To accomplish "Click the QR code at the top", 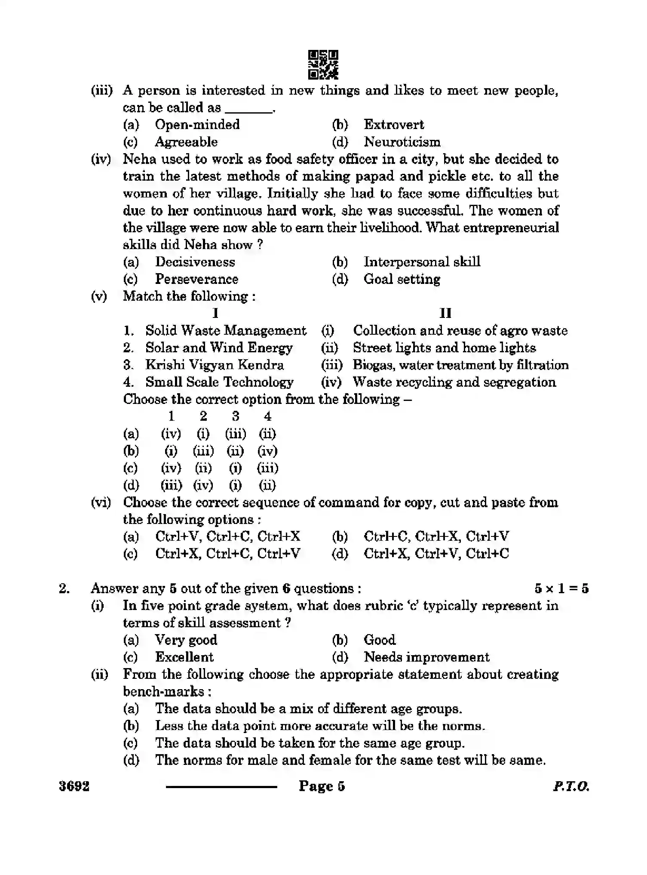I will tap(323, 65).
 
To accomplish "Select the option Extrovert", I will tap(393, 125).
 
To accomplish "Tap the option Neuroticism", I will tap(402, 142).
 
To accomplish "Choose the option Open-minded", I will tap(197, 125).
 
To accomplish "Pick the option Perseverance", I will tap(196, 279).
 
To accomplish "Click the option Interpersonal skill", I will tap(421, 262).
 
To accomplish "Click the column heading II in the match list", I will tap(445, 313).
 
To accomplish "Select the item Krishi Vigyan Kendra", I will tap(215, 365).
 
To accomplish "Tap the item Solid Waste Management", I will tap(226, 331).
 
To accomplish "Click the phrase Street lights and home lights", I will tap(444, 348).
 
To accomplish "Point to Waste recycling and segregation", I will tap(454, 382).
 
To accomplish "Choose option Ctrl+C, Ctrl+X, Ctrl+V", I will tap(436, 536).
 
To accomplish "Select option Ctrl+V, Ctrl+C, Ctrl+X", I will tap(227, 536).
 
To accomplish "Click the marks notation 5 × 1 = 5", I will tap(561, 588).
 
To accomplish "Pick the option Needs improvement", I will tap(426, 657).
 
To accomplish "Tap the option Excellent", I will tap(184, 657).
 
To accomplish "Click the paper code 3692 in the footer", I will tap(74, 786).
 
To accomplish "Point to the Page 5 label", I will tap(322, 786).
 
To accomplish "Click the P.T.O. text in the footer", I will tap(571, 787).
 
